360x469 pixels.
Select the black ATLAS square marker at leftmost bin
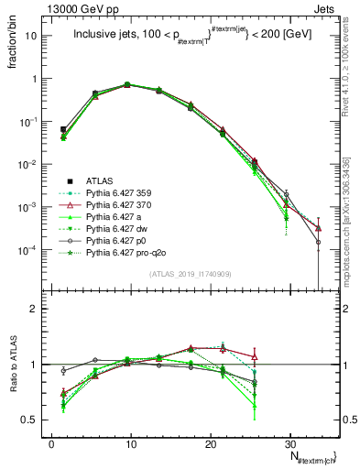tap(63, 130)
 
